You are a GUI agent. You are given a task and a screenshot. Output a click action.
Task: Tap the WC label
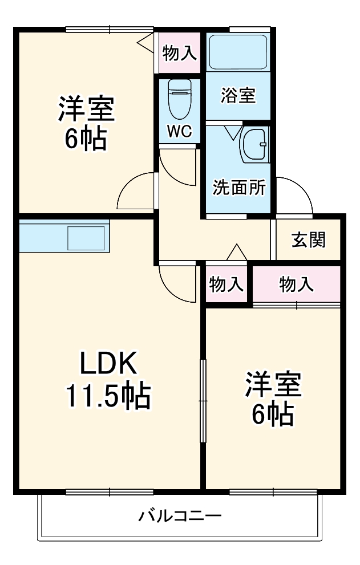179,132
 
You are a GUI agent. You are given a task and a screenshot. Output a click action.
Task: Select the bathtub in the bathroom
237,53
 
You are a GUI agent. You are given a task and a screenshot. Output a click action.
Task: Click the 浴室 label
238,95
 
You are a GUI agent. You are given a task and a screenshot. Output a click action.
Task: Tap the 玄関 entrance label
309,240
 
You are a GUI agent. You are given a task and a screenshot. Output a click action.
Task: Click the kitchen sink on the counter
86,236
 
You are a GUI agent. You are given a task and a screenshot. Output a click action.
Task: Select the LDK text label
108,363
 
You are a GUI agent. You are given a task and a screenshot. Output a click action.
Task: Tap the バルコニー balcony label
180,517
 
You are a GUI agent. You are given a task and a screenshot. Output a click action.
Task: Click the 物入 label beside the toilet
179,54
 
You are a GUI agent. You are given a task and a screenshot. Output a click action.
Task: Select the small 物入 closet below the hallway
226,284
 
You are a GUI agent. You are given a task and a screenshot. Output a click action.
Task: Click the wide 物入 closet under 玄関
296,284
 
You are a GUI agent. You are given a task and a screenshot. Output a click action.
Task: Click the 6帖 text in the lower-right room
273,414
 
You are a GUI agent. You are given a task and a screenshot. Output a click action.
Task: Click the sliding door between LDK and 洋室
203,401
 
